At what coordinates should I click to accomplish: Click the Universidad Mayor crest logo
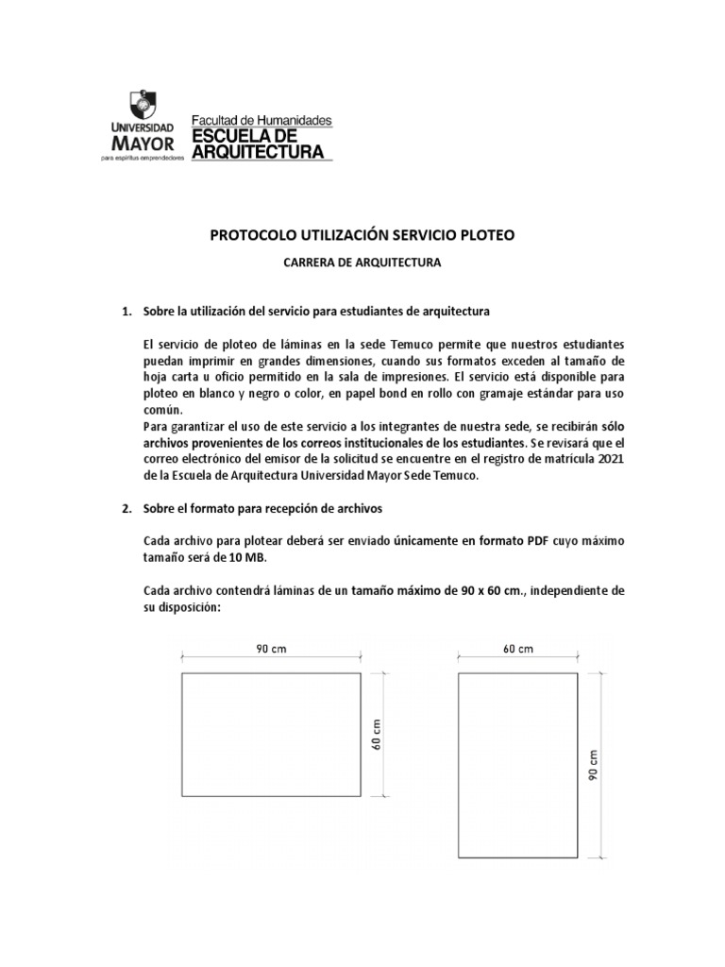click(x=142, y=106)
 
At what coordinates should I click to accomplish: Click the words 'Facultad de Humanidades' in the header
click(x=261, y=120)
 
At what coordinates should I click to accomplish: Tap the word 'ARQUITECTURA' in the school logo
click(x=258, y=151)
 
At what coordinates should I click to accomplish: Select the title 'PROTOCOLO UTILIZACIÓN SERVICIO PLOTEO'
click(x=362, y=235)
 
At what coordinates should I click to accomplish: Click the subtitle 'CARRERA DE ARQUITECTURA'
click(x=362, y=264)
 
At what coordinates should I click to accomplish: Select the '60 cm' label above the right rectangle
click(x=517, y=648)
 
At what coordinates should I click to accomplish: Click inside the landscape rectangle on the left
click(x=273, y=735)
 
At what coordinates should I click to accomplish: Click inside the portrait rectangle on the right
click(x=517, y=765)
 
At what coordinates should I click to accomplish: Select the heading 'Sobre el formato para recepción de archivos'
click(x=262, y=508)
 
